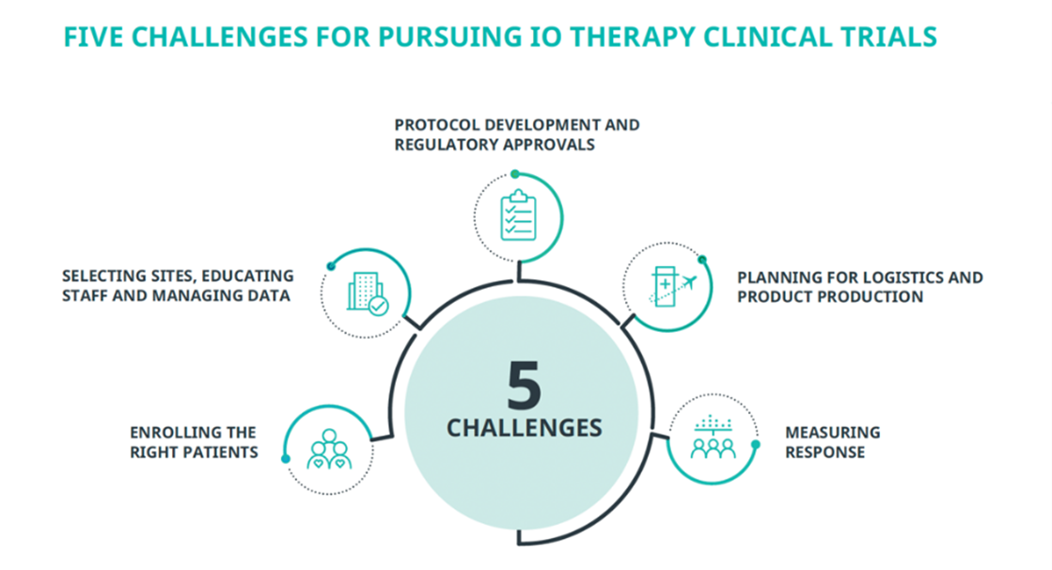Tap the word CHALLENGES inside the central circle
524,428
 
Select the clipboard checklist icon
519,214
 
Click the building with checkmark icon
367,293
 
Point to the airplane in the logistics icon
687,283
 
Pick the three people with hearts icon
329,450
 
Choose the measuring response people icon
714,437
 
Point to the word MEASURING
833,433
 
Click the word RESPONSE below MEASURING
825,452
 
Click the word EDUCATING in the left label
247,276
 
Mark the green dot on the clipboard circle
515,175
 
